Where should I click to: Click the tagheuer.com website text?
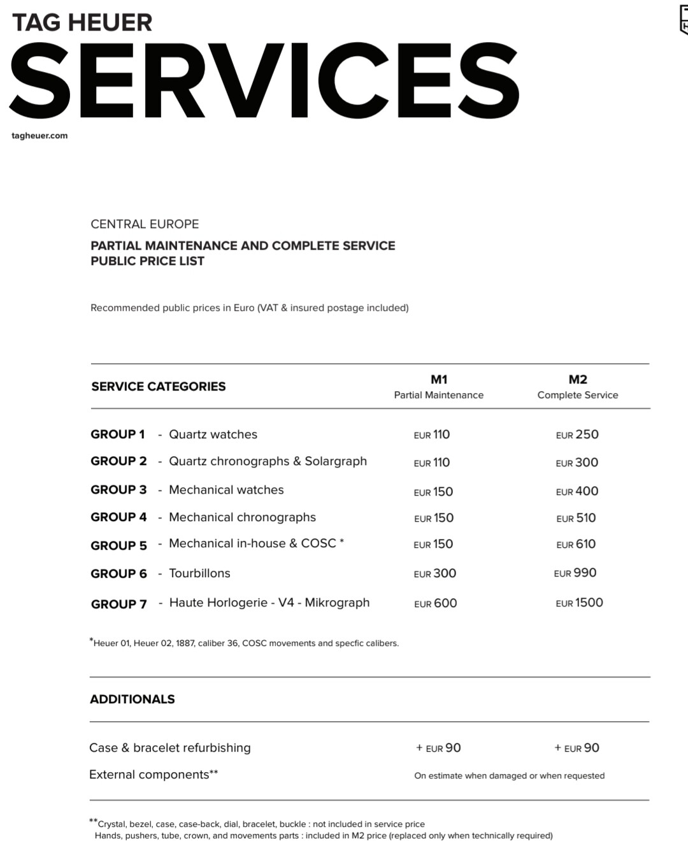(39, 136)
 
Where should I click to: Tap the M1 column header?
(439, 380)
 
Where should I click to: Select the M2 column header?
(578, 380)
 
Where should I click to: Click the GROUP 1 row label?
(118, 434)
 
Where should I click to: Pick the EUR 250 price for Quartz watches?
(577, 435)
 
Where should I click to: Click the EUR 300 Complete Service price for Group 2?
(577, 463)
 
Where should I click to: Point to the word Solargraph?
(336, 461)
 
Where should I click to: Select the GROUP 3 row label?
(118, 490)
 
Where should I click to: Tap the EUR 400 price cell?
(577, 492)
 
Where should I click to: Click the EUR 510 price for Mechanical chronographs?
(576, 519)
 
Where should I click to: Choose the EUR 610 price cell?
(576, 545)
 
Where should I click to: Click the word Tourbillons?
(199, 573)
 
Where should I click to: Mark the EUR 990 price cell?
(575, 573)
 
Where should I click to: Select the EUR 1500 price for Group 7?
(579, 603)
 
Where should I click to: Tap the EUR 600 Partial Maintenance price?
(436, 604)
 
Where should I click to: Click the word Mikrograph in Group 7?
(337, 603)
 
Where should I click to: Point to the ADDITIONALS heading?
(133, 699)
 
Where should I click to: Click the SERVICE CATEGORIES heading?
(159, 387)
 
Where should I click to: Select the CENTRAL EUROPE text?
(145, 224)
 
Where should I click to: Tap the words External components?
(149, 775)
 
